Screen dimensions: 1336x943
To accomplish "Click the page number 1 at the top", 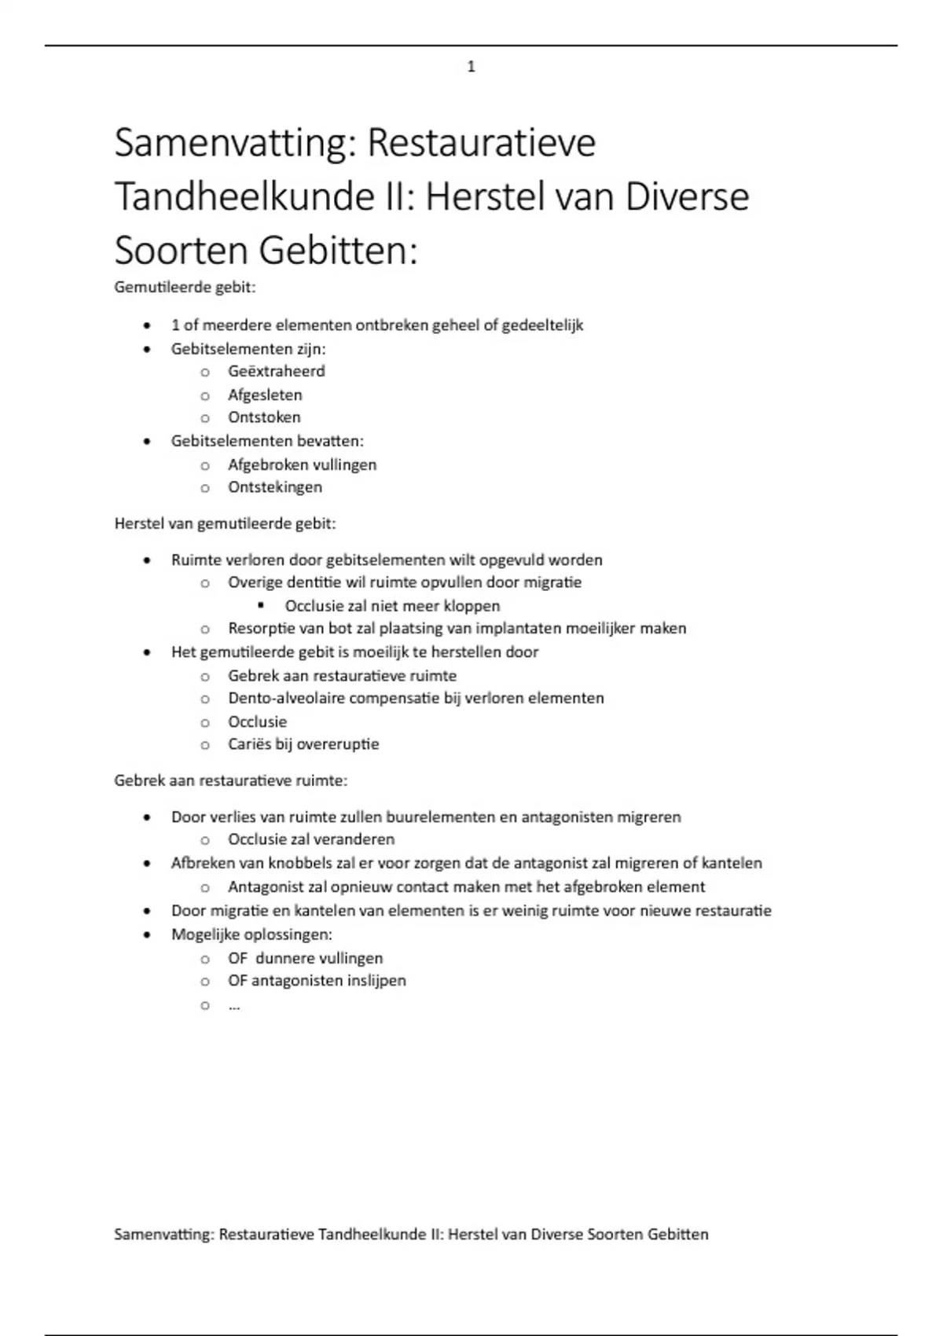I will [471, 68].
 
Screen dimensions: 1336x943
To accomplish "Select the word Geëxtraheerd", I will [276, 371].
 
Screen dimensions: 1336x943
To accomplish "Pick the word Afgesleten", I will [265, 395].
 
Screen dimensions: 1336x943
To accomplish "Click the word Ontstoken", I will [264, 417].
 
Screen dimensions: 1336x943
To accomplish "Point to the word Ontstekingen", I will [275, 487].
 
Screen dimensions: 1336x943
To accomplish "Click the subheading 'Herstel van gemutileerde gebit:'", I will [225, 523].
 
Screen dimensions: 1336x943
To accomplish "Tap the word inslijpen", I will [376, 981].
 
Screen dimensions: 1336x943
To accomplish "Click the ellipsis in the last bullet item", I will [234, 1005].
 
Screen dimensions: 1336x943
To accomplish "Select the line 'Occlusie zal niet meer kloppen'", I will [392, 606].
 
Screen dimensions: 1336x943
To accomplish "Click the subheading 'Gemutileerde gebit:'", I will [185, 288].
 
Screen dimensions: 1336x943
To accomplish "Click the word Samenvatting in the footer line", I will [163, 1235].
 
